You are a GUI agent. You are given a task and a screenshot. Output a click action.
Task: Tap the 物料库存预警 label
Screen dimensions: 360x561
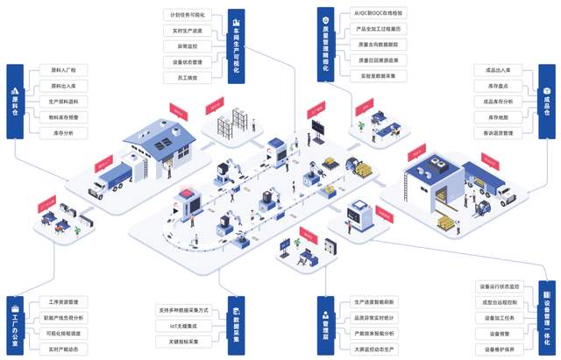point(63,116)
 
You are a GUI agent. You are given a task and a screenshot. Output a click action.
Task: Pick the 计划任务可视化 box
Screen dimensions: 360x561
point(186,15)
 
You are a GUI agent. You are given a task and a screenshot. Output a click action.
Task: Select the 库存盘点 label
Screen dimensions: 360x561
point(499,85)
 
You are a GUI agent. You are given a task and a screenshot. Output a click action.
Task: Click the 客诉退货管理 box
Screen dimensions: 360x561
point(499,132)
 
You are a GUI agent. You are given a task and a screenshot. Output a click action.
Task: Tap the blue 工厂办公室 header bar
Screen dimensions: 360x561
point(14,325)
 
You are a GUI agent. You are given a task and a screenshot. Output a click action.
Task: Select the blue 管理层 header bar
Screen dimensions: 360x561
point(325,325)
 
